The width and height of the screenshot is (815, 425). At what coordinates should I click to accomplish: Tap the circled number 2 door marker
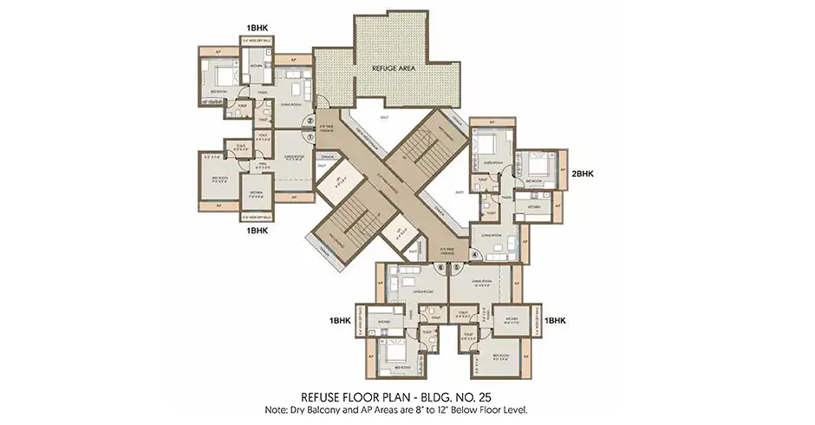tap(310, 121)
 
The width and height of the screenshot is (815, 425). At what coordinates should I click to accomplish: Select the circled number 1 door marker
tap(310, 135)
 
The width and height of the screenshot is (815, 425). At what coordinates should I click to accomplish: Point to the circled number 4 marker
tap(475, 254)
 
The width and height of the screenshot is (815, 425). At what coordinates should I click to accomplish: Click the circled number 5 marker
tap(456, 269)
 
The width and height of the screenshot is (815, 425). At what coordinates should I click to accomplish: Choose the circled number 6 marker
tap(440, 269)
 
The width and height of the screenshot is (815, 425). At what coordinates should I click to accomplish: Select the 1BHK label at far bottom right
tap(555, 320)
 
